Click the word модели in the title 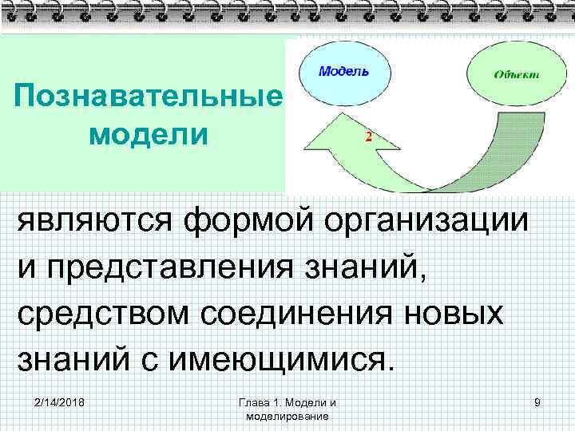point(149,133)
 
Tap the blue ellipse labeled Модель point(344,73)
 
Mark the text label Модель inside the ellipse point(344,71)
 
